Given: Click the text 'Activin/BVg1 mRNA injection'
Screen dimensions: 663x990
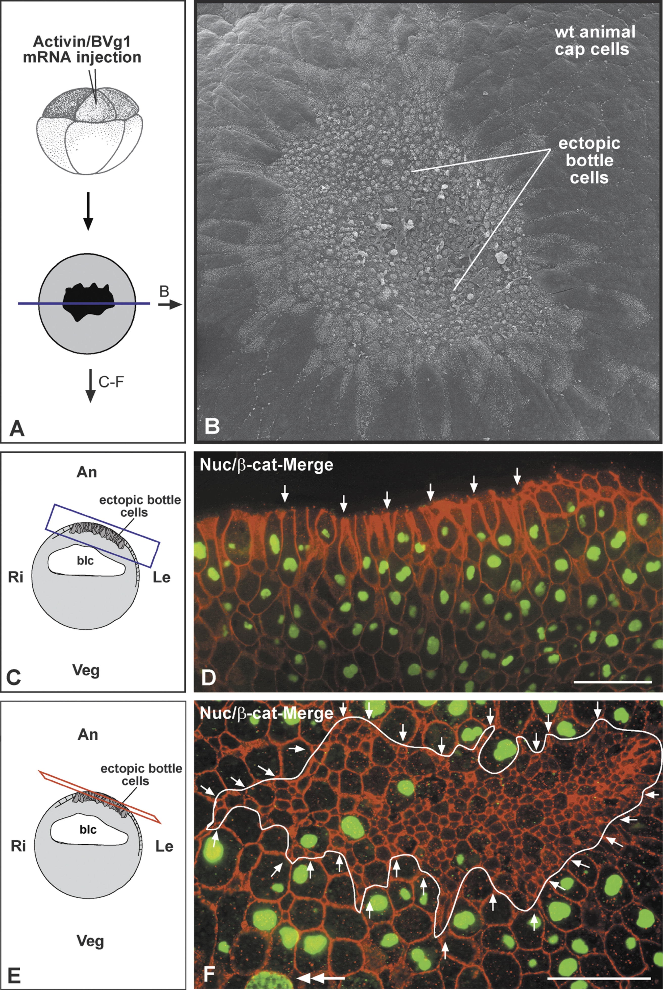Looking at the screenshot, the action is pos(87,50).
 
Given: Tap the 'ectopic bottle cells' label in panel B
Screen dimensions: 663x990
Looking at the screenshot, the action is pos(589,160).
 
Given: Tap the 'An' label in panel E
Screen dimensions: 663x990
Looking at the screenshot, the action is pos(87,734).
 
